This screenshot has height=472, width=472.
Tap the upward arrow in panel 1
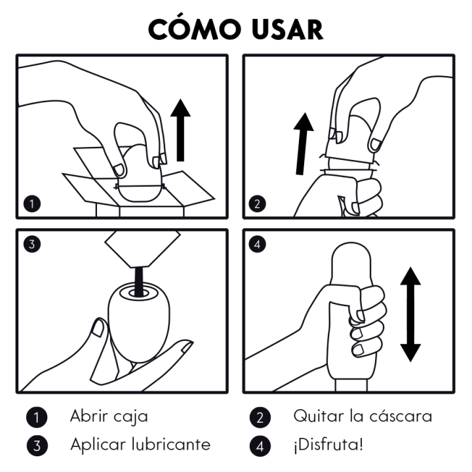coord(181,130)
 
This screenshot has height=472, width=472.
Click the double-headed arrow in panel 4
coord(410,314)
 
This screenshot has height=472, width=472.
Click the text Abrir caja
coord(109,416)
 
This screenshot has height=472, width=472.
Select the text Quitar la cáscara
coord(363,416)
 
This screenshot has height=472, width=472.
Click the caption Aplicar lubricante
coord(141,444)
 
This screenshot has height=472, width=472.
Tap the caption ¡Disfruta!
coord(328,446)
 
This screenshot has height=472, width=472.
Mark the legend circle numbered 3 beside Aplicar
coord(36,446)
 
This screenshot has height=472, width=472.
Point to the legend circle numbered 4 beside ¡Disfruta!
coord(260,446)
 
